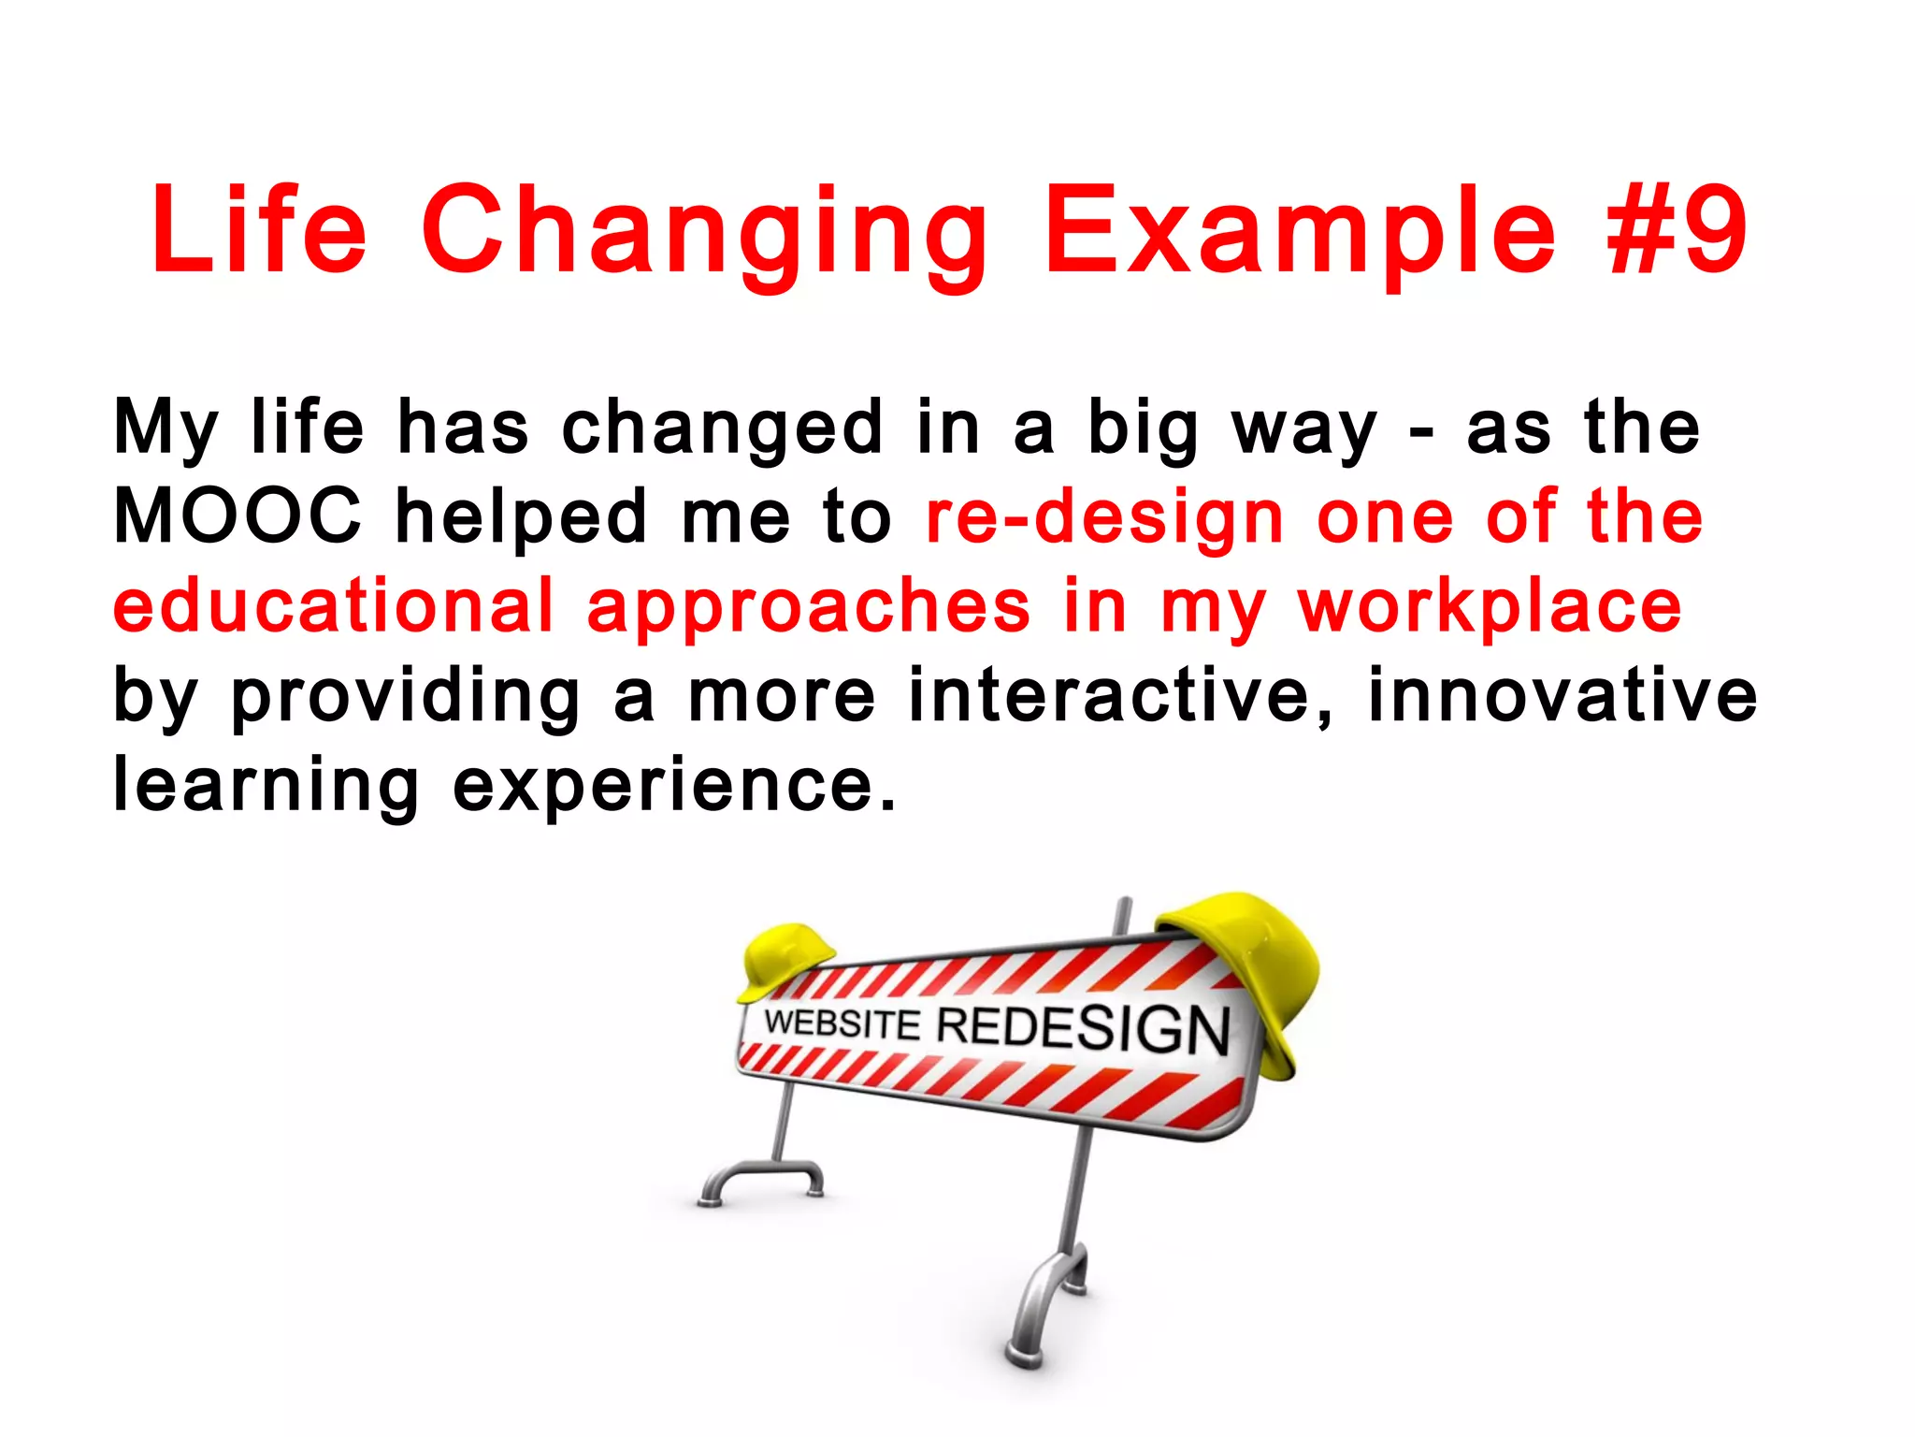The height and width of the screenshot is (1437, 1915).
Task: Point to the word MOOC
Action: click(237, 516)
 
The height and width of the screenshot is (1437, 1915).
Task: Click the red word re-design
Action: click(1103, 518)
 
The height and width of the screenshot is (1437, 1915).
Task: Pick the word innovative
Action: click(1562, 695)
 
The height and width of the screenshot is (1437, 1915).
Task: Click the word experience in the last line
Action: click(673, 786)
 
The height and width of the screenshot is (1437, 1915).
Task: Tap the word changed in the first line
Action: click(722, 428)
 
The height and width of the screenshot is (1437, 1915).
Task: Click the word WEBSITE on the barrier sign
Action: click(842, 1023)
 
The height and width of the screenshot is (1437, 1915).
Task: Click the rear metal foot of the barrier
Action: click(759, 1181)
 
